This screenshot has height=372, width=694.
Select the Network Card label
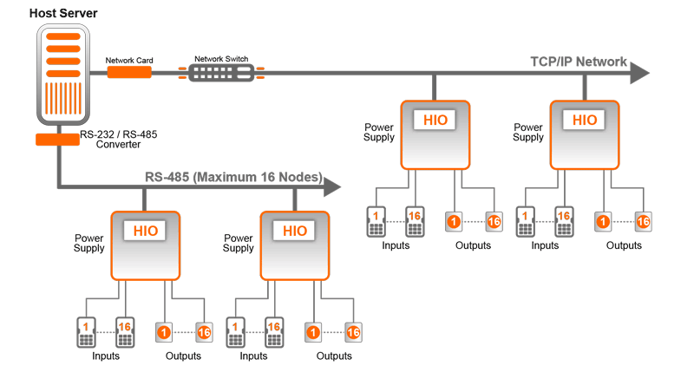pyautogui.click(x=129, y=61)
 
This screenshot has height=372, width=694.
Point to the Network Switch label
pyautogui.click(x=221, y=59)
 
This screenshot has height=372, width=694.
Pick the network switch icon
pyautogui.click(x=221, y=72)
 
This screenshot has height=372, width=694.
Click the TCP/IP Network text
pyautogui.click(x=579, y=62)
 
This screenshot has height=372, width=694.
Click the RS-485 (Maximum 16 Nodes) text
pyautogui.click(x=232, y=178)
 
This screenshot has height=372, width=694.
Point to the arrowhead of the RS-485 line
pyautogui.click(x=332, y=185)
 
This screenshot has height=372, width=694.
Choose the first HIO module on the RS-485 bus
pyautogui.click(x=145, y=245)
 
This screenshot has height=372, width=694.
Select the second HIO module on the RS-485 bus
pyautogui.click(x=295, y=245)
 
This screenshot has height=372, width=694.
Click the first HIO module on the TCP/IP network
pyautogui.click(x=435, y=134)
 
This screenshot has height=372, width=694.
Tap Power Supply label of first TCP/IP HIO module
pyautogui.click(x=379, y=132)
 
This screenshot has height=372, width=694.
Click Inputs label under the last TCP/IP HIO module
pyautogui.click(x=545, y=245)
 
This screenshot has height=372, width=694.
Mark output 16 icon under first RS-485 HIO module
pyautogui.click(x=204, y=332)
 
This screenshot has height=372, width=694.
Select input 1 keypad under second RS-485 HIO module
pyautogui.click(x=234, y=330)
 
